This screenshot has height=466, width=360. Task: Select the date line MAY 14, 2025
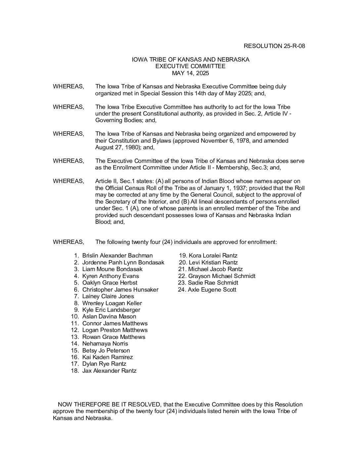[190, 73]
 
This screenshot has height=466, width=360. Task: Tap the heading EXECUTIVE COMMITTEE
[190, 66]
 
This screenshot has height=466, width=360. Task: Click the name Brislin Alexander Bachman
[117, 256]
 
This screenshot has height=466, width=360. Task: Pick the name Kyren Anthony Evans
[111, 276]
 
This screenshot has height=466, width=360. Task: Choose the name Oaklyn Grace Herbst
[110, 283]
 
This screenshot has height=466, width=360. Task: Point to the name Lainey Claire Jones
[108, 296]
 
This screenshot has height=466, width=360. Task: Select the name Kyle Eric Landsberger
[111, 310]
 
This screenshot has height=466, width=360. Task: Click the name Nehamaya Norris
[105, 344]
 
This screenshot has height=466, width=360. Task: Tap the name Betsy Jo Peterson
[106, 350]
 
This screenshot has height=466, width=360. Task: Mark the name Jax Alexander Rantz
[109, 371]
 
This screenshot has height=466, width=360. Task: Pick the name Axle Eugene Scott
[212, 290]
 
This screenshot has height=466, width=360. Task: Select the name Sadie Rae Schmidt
[213, 283]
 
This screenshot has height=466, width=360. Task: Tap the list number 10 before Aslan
[75, 316]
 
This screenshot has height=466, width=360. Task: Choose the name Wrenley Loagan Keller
[112, 303]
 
